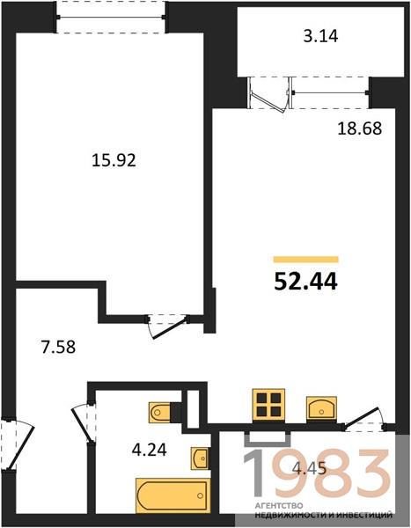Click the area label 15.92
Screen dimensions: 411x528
(114, 161)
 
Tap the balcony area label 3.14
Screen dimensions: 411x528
(320, 36)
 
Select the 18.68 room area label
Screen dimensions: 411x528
(360, 128)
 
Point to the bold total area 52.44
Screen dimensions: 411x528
(305, 282)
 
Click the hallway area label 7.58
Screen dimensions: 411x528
(58, 347)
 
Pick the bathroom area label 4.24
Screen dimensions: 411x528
(150, 449)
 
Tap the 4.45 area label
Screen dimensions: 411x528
(310, 468)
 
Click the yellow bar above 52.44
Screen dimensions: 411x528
(306, 259)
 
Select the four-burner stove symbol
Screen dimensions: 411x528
(268, 405)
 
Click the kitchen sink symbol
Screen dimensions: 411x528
(321, 408)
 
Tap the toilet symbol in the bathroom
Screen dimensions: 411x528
(161, 412)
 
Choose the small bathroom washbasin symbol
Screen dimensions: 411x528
(200, 458)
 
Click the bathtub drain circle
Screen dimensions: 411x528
(201, 495)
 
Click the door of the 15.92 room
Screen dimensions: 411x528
(168, 325)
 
